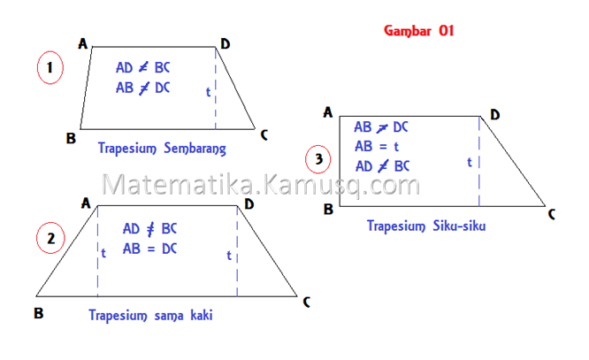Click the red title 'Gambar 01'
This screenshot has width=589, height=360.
418,30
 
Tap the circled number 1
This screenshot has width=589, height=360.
50,67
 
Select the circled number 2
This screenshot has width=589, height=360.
51,238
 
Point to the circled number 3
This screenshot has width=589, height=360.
318,160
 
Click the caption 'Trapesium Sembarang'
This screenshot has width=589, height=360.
163,147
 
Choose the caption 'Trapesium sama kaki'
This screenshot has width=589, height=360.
150,314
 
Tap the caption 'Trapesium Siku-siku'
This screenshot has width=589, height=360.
427,226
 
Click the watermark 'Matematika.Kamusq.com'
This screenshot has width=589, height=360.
261,186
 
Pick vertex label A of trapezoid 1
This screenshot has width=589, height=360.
82,42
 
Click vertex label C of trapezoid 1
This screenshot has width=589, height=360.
264,134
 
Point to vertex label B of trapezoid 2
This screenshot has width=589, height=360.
38,312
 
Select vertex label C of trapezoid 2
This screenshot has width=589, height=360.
306,303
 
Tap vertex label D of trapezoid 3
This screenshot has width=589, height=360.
494,114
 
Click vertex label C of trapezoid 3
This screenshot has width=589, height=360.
552,214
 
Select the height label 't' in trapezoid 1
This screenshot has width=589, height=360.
208,91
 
